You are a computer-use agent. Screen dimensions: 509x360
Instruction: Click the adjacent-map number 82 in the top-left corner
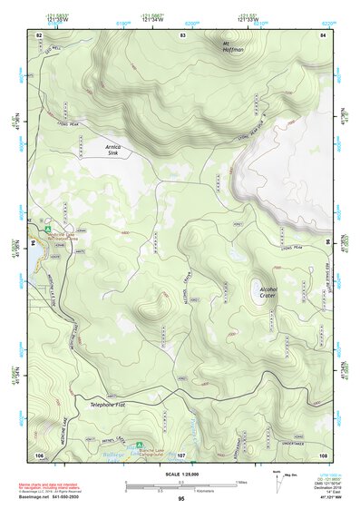pos(39,34)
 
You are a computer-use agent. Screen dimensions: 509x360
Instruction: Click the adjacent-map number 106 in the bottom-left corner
pos(39,454)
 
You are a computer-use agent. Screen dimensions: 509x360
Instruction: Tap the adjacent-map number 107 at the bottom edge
pos(181,454)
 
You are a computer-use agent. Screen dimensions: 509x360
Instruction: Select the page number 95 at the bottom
pos(181,499)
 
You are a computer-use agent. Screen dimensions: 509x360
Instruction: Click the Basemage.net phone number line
pos(54,497)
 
